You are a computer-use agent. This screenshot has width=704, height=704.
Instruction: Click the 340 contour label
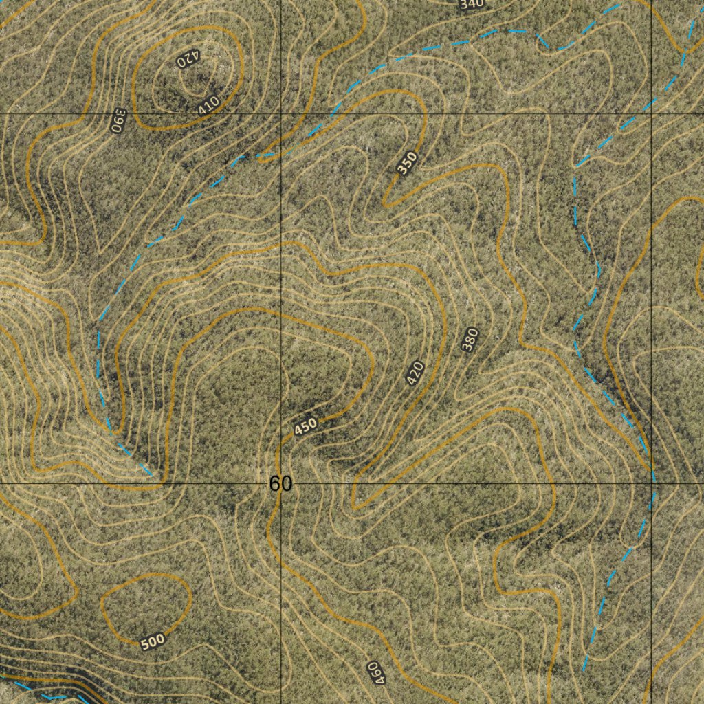472,4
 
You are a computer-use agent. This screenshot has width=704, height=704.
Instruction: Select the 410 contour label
208,104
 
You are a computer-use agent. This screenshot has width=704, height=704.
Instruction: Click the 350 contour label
407,163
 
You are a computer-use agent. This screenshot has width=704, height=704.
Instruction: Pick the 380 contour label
470,340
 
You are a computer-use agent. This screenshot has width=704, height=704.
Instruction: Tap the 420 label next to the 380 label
415,373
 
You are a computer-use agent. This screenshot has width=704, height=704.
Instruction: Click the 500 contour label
152,642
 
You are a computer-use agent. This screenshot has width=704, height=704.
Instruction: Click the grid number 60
280,484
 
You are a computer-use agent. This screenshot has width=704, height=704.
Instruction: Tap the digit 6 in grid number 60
275,484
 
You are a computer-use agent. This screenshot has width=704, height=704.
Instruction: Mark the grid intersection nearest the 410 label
281,111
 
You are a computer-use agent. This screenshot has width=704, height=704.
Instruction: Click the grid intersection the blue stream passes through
652,483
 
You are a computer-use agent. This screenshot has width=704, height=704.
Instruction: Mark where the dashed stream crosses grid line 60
281,154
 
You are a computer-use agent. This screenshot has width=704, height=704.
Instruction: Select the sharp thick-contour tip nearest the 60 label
355,507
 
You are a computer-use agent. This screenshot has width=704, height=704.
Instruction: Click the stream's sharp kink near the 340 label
550,48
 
